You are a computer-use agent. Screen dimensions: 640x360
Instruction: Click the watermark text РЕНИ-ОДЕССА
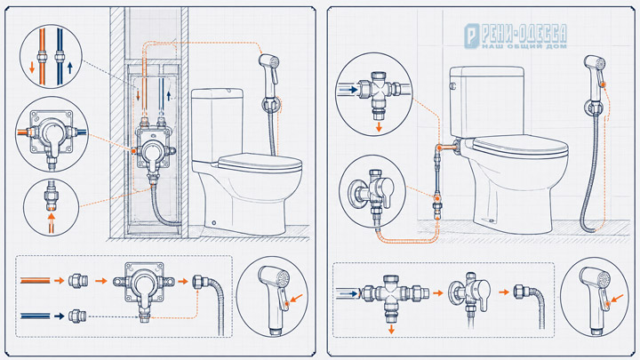pyautogui.click(x=524, y=34)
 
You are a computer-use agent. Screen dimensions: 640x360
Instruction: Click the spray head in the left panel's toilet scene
pyautogui.click(x=269, y=68)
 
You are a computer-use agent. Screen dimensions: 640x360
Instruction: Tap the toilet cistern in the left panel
pyautogui.click(x=217, y=124)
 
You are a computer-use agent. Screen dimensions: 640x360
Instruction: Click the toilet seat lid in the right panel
pyautogui.click(x=520, y=145)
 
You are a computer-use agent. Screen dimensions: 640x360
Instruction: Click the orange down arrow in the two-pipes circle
pyautogui.click(x=32, y=68)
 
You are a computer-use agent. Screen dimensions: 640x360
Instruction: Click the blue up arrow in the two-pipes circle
pyautogui.click(x=70, y=68)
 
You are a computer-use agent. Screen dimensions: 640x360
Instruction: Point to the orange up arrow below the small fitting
pyautogui.click(x=52, y=223)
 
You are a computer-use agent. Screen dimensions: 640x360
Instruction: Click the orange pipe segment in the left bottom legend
pyautogui.click(x=35, y=280)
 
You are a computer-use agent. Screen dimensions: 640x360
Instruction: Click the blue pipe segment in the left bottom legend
pyautogui.click(x=35, y=316)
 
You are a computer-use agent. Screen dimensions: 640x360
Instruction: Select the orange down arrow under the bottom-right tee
pyautogui.click(x=391, y=330)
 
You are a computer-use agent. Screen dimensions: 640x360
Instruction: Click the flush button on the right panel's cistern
pyautogui.click(x=452, y=86)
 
